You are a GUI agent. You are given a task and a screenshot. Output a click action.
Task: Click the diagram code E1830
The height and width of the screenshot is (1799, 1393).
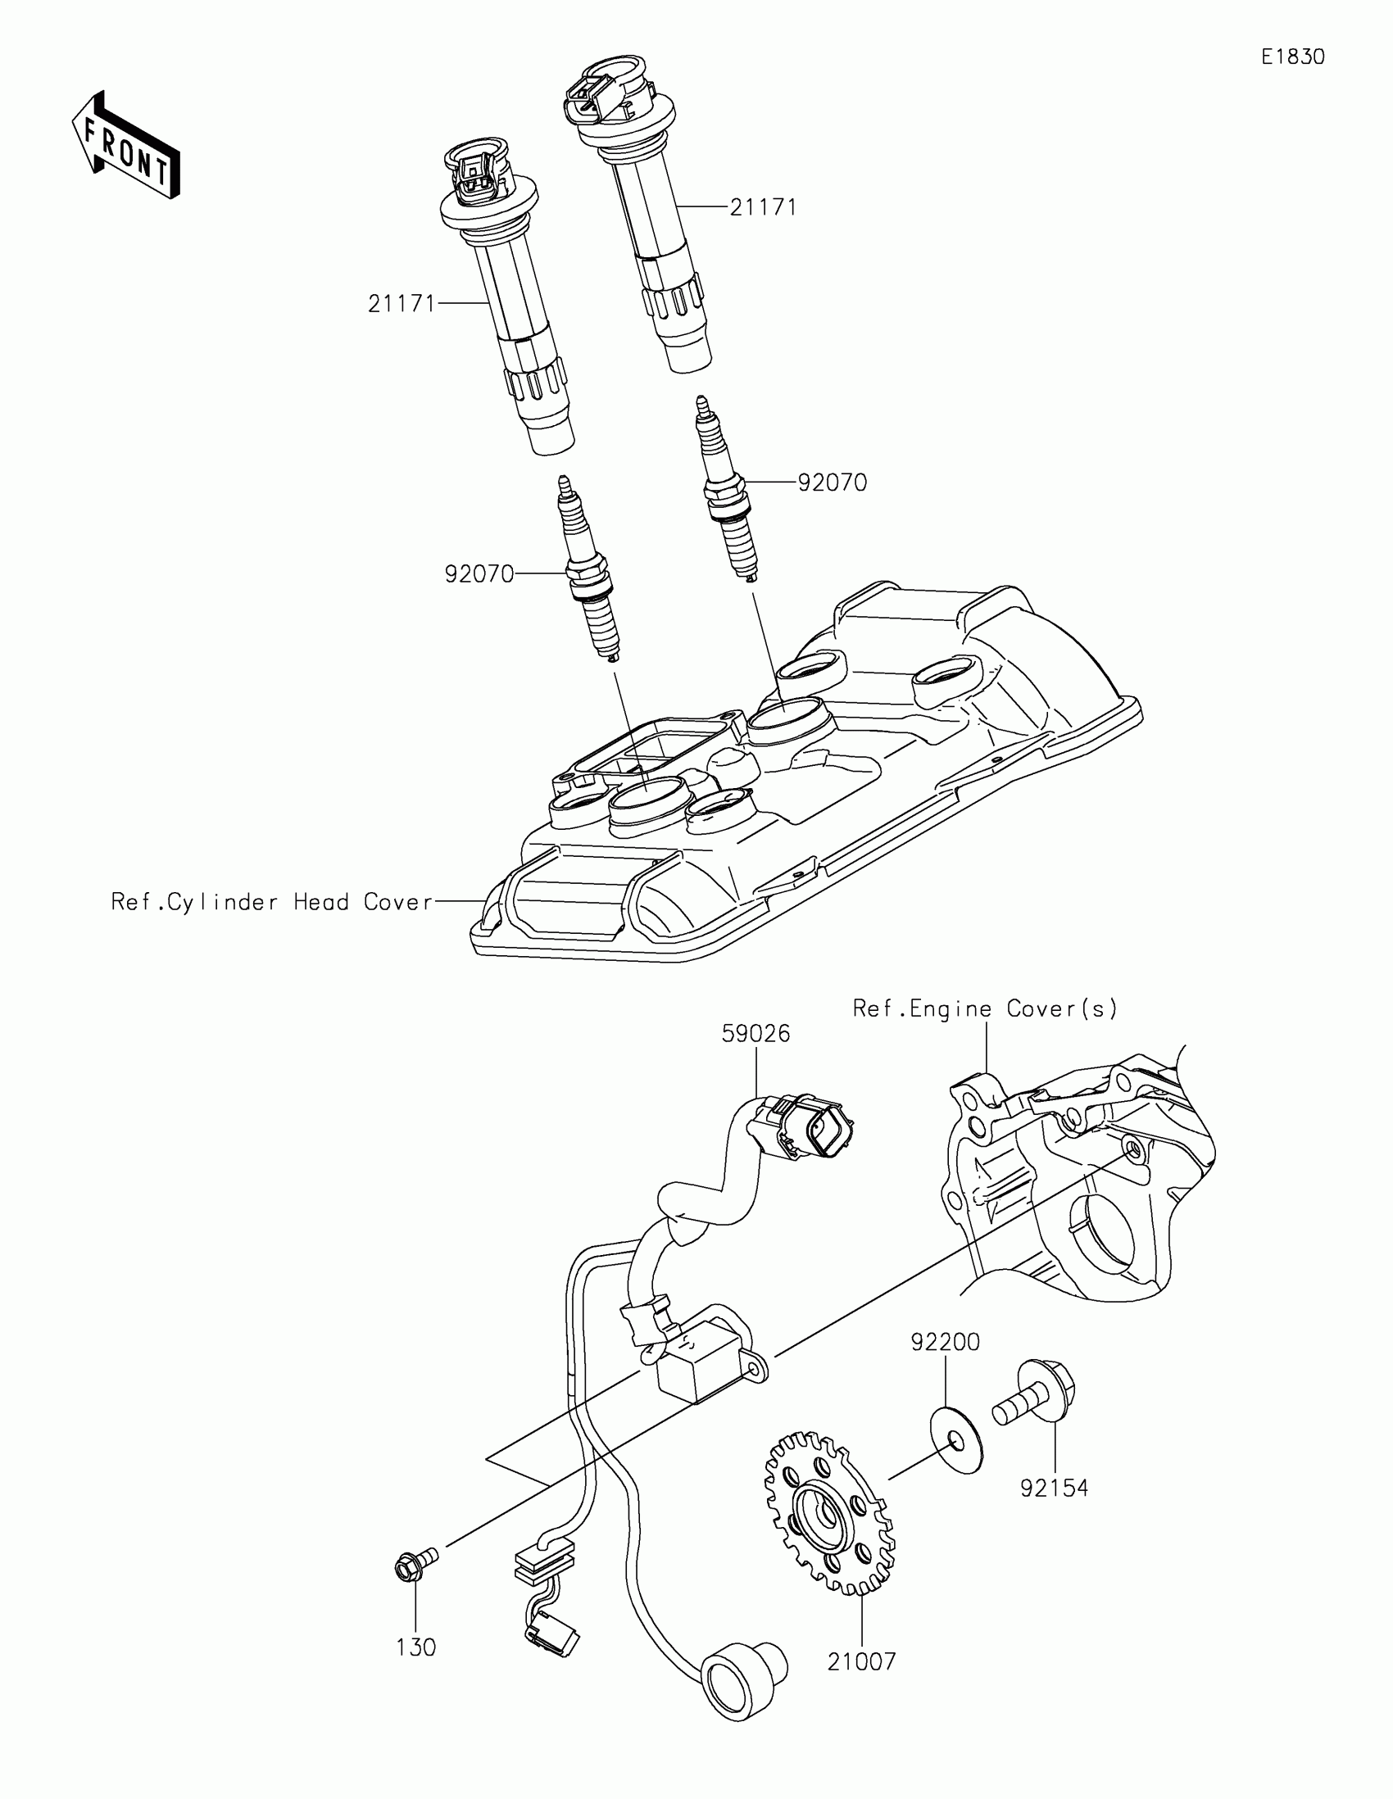(1292, 57)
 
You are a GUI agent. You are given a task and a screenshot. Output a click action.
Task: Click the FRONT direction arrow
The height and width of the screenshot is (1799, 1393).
(125, 147)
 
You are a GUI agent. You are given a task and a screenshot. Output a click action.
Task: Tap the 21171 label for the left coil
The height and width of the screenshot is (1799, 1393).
(402, 304)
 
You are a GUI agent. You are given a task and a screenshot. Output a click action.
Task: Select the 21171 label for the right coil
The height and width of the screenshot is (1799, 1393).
(764, 207)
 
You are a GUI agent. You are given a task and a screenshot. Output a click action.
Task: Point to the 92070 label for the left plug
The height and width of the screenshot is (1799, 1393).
(479, 574)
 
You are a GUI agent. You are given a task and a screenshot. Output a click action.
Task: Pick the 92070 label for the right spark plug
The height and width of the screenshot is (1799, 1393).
(832, 483)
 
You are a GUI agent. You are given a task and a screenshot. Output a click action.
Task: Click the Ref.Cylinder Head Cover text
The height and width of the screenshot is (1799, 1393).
(272, 902)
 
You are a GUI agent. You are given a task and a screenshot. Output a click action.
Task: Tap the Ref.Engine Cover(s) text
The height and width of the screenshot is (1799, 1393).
(985, 1008)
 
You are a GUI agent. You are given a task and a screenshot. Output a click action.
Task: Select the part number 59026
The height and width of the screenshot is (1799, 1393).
(755, 1033)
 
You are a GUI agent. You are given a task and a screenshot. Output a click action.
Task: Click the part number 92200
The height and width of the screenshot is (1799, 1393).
(945, 1342)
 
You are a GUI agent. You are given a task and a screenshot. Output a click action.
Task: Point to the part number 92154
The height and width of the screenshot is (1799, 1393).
(1054, 1488)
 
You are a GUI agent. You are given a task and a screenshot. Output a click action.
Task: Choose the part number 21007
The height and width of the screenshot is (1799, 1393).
(861, 1661)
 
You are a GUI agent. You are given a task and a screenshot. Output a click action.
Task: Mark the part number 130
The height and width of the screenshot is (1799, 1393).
(416, 1647)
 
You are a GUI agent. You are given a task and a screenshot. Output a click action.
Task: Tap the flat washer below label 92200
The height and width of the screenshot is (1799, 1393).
(955, 1441)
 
